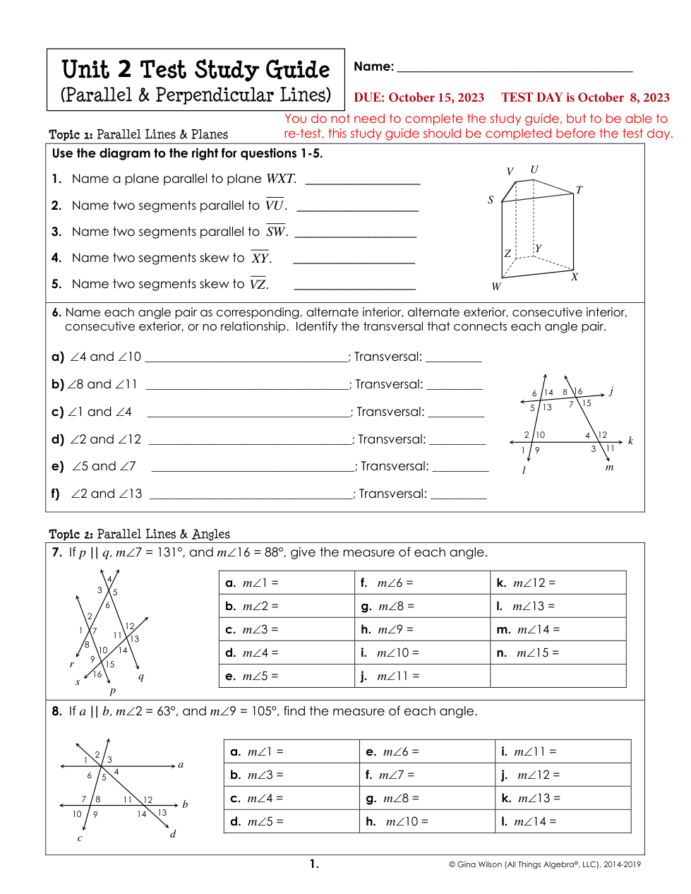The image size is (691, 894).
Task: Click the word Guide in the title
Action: pyautogui.click(x=297, y=70)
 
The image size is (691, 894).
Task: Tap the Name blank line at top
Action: pyautogui.click(x=515, y=70)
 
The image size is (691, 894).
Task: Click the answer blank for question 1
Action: pyautogui.click(x=363, y=181)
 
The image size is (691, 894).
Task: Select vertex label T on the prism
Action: pyautogui.click(x=579, y=190)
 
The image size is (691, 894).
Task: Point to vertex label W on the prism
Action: pyautogui.click(x=496, y=287)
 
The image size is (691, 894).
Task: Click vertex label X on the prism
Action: pyautogui.click(x=575, y=277)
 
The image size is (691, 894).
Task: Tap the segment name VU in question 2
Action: pyautogui.click(x=275, y=205)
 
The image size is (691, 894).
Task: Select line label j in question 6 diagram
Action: pyautogui.click(x=611, y=391)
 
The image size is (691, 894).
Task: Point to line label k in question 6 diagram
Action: pyautogui.click(x=630, y=441)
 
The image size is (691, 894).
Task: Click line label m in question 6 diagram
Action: pyautogui.click(x=609, y=467)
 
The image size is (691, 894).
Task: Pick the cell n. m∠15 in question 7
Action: pyautogui.click(x=558, y=652)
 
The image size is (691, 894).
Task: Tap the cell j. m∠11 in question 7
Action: pyautogui.click(x=422, y=676)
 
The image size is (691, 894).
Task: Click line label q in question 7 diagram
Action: pyautogui.click(x=141, y=677)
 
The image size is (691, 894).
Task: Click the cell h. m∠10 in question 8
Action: pyautogui.click(x=426, y=821)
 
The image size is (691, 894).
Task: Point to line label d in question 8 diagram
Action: pyautogui.click(x=173, y=834)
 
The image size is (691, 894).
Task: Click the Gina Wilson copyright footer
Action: pyautogui.click(x=544, y=864)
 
